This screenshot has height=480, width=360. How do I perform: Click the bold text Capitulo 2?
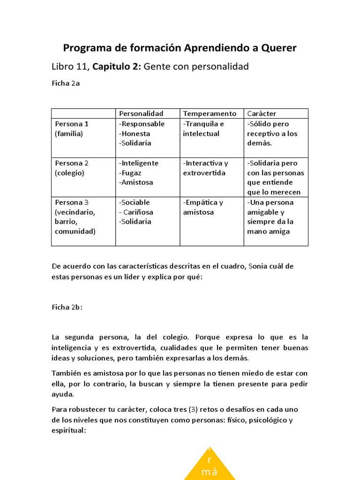[x=117, y=67]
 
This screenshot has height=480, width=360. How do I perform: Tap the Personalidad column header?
[x=141, y=113]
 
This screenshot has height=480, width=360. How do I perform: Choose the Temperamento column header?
[x=210, y=113]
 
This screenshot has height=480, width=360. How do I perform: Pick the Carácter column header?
[x=262, y=113]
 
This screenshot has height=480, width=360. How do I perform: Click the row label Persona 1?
[x=72, y=124]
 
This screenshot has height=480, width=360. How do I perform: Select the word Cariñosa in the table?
[x=137, y=212]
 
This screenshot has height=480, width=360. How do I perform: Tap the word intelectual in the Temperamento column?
[x=201, y=134]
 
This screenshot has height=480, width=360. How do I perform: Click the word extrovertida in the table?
[x=204, y=172]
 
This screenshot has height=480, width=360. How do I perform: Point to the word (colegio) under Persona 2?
[x=70, y=172]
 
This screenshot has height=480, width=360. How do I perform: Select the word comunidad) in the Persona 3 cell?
[x=75, y=231]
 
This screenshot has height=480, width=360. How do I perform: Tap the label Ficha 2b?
[x=67, y=307]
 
